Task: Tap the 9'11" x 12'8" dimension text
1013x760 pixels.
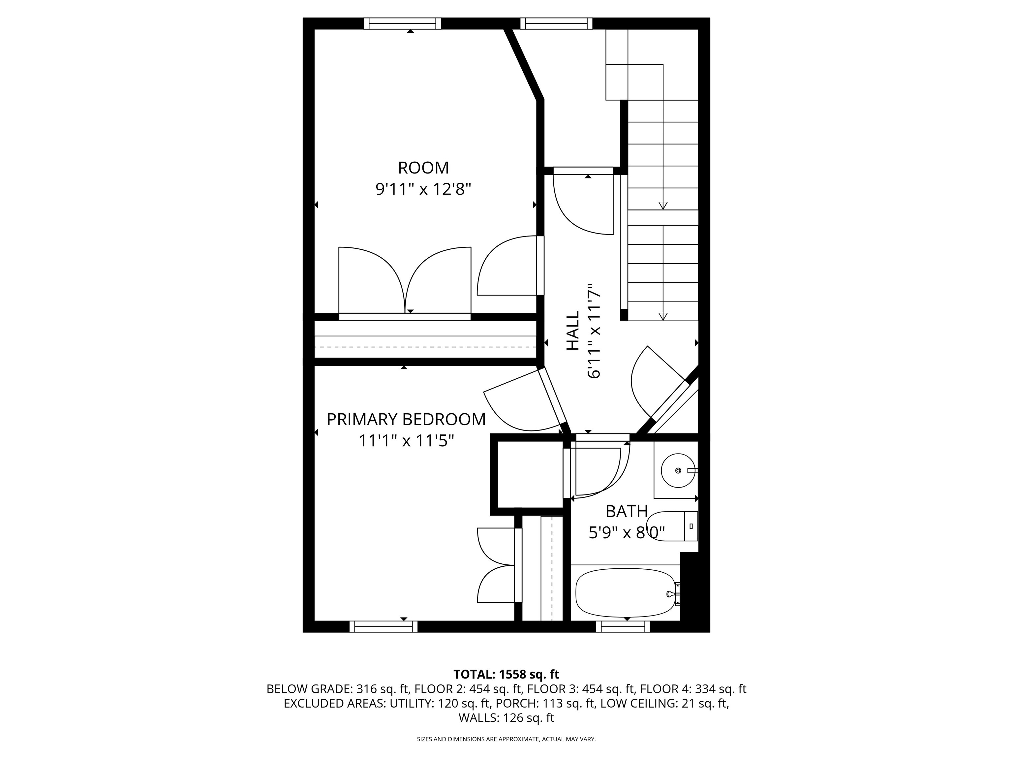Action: coord(423,189)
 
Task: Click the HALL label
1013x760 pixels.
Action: coord(572,331)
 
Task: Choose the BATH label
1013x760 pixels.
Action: coord(627,511)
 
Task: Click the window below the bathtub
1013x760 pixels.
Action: coord(623,627)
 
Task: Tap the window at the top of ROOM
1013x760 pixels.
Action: coord(403,23)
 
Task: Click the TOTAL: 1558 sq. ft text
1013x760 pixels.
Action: coord(506,674)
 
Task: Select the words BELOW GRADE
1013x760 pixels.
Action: coord(309,689)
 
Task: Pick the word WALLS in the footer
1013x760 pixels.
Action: coord(478,718)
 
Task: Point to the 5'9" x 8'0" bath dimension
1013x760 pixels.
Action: coord(627,532)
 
